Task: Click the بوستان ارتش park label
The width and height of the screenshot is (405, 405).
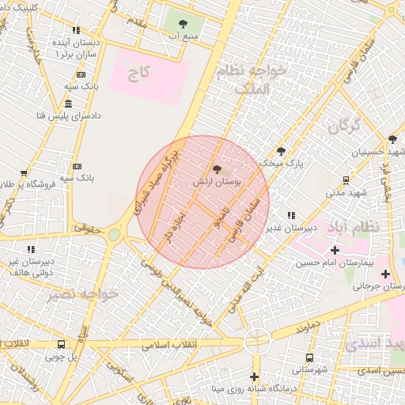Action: click(x=218, y=182)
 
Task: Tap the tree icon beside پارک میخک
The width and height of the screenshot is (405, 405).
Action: click(x=281, y=151)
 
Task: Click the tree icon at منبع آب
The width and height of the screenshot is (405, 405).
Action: click(x=184, y=24)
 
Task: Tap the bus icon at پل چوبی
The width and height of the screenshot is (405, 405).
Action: click(x=62, y=344)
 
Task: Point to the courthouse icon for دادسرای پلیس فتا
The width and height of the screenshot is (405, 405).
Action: click(x=69, y=104)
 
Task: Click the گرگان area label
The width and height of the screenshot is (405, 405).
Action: click(x=344, y=125)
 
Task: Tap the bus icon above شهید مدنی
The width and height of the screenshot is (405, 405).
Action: click(x=346, y=180)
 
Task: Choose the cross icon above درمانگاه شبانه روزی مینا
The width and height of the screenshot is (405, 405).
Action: click(x=255, y=377)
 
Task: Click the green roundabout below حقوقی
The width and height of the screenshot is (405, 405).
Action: click(x=115, y=234)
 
